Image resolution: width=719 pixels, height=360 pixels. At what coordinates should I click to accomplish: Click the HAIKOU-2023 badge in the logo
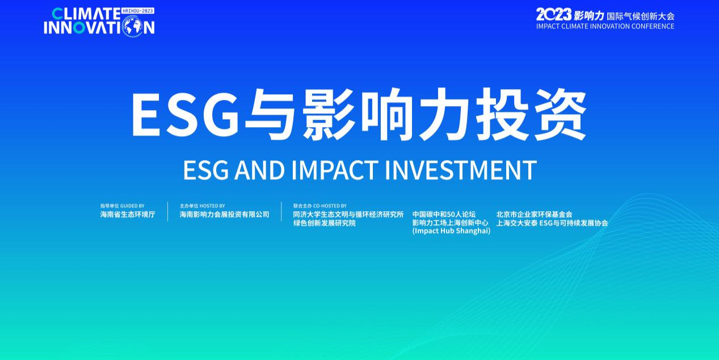pyautogui.click(x=138, y=11)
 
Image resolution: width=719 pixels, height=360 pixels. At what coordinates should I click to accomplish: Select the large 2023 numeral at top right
pyautogui.click(x=553, y=15)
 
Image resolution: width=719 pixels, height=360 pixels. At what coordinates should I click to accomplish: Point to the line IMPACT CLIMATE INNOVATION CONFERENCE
pyautogui.click(x=605, y=26)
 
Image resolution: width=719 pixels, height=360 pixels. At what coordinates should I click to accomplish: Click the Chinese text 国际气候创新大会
pyautogui.click(x=641, y=16)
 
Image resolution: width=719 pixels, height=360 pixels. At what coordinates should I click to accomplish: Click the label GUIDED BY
pyautogui.click(x=132, y=206)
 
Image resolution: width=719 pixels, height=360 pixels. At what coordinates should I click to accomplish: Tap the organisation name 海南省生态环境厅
pyautogui.click(x=128, y=215)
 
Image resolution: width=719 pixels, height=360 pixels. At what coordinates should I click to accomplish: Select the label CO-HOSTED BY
pyautogui.click(x=330, y=206)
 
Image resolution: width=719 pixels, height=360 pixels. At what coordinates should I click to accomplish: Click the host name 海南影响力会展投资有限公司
pyautogui.click(x=224, y=215)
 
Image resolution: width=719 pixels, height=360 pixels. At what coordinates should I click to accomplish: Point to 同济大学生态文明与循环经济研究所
pyautogui.click(x=348, y=215)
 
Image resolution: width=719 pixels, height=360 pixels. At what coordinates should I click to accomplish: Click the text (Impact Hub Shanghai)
pyautogui.click(x=451, y=231)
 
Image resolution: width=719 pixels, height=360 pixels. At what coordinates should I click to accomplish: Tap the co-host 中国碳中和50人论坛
pyautogui.click(x=444, y=215)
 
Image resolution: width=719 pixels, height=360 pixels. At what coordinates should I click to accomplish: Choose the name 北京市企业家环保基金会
pyautogui.click(x=534, y=215)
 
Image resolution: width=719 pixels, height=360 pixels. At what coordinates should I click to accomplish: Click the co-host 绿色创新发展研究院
pyautogui.click(x=324, y=223)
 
